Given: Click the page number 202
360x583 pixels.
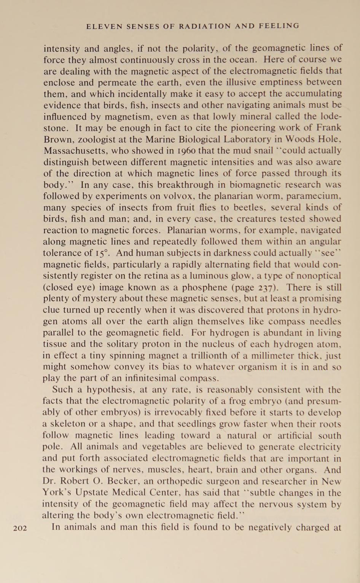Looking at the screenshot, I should click(20, 528).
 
